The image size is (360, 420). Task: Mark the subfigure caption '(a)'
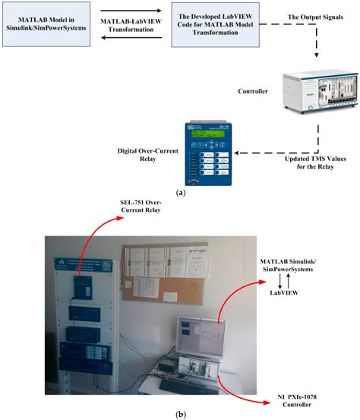click(x=181, y=194)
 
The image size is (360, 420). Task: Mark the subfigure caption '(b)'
click(x=180, y=412)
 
